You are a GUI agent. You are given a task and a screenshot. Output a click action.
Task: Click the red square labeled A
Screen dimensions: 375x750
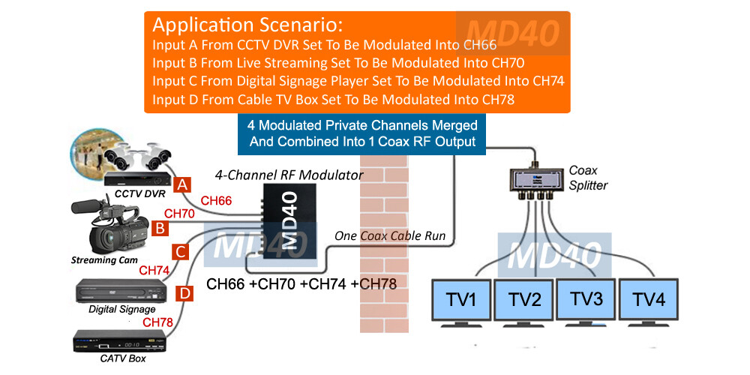coord(181,183)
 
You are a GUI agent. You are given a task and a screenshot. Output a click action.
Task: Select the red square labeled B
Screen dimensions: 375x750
coord(160,226)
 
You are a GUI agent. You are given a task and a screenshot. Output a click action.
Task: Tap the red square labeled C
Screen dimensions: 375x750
coord(181,251)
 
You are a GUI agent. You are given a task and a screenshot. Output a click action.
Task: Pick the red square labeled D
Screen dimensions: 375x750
coord(181,292)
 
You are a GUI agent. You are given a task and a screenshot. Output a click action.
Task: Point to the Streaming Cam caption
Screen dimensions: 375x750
coord(105,260)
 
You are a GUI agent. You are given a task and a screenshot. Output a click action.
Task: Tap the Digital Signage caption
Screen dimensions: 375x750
coord(122,309)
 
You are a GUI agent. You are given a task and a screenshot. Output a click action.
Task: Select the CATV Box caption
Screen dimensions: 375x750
coord(123,358)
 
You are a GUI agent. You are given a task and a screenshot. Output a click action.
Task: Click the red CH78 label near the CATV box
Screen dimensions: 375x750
coord(157,322)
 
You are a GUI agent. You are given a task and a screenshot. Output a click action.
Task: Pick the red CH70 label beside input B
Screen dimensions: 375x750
coord(179,214)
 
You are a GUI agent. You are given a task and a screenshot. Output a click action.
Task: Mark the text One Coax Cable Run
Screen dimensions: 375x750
coord(390,236)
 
